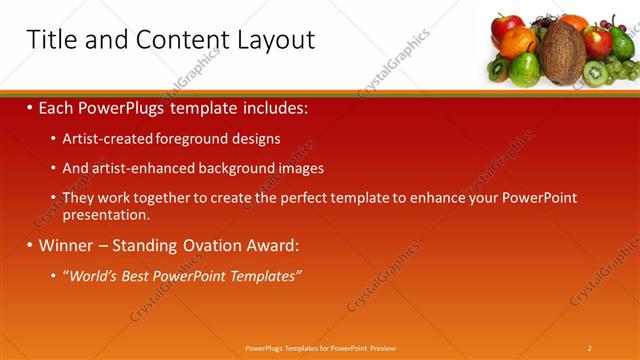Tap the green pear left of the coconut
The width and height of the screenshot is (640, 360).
pyautogui.click(x=524, y=69)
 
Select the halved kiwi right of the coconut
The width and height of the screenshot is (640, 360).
pyautogui.click(x=597, y=73)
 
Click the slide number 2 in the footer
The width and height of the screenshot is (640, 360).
pyautogui.click(x=589, y=348)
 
